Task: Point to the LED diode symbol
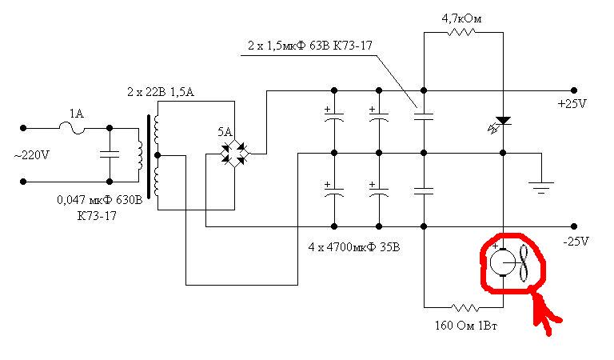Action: [x=501, y=122]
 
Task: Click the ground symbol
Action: [x=541, y=186]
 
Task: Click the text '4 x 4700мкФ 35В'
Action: [x=354, y=247]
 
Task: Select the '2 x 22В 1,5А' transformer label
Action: [x=161, y=94]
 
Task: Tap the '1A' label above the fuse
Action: [x=77, y=114]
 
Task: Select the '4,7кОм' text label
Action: [x=462, y=16]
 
